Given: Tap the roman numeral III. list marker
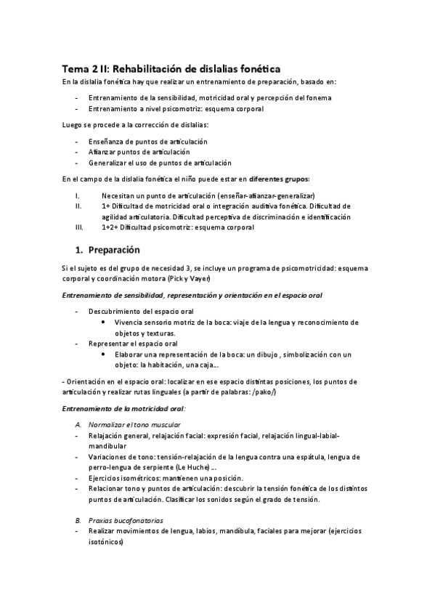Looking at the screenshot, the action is [x=80, y=227].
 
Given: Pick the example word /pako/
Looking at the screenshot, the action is [x=263, y=392].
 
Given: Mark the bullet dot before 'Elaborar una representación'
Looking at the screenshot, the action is [x=107, y=354].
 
